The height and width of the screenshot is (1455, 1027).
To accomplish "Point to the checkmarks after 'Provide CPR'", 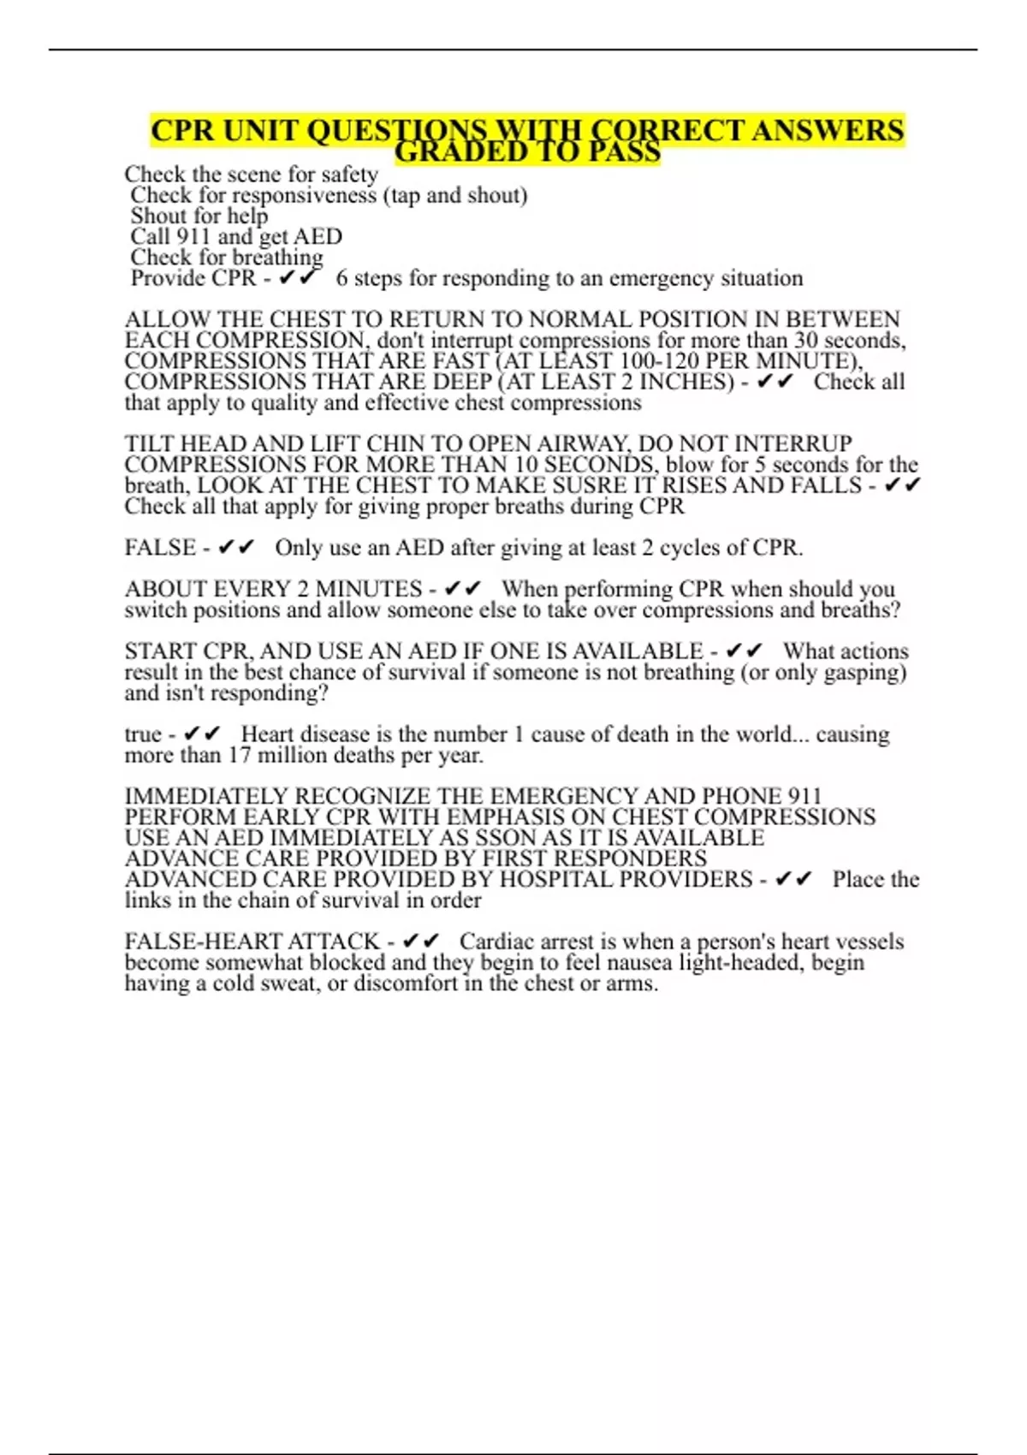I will coord(299,278).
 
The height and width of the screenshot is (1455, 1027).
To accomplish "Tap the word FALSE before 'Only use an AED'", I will coord(160,548).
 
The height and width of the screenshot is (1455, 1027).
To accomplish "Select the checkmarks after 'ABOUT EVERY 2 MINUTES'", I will coord(463,589).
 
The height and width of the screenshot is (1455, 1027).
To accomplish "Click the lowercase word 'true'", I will coord(143,734).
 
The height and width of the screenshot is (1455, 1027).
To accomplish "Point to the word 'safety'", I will coord(349,175).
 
